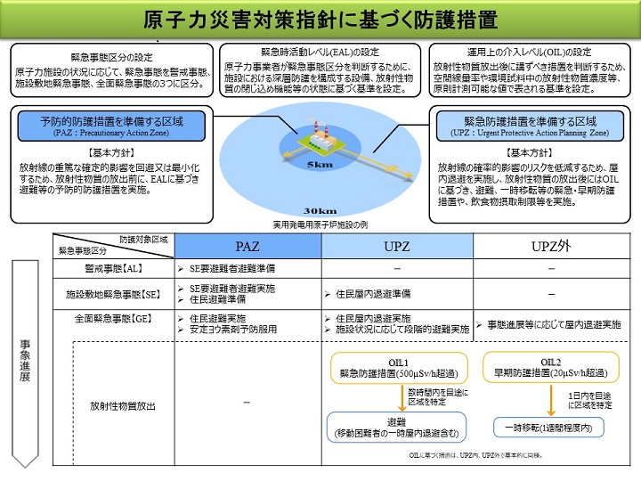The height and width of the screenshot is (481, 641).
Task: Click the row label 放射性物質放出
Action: click(x=122, y=405)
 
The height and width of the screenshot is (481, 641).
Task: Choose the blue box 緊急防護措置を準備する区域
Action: click(x=529, y=125)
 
